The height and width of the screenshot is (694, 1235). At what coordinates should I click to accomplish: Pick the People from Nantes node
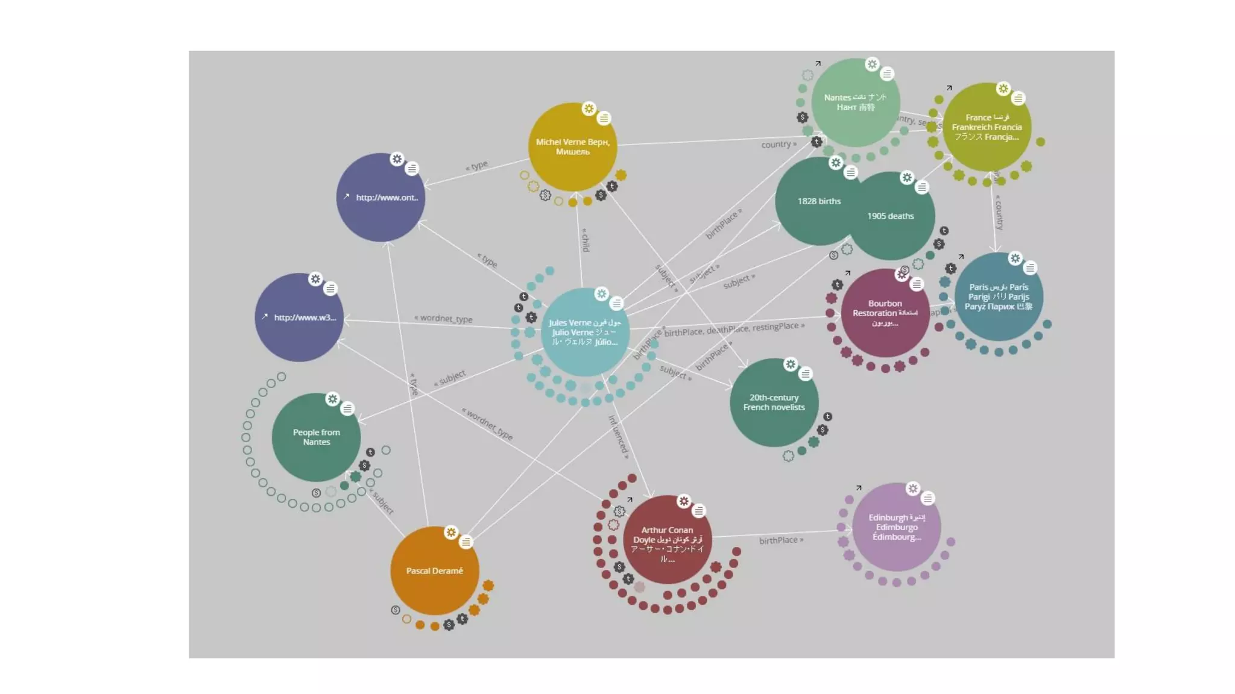pos(316,437)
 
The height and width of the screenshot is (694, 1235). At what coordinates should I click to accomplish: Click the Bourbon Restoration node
pos(885,313)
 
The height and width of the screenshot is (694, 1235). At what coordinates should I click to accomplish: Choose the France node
pos(987,127)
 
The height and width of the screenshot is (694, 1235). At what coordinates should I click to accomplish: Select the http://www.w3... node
pos(299,317)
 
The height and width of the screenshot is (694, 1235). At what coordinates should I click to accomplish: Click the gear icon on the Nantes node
pos(872,64)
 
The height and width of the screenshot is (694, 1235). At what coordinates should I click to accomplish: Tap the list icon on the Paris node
pos(1030,268)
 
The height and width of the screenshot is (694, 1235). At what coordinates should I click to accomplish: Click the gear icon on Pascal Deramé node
pos(451,533)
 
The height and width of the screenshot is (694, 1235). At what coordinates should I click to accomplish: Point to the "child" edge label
pos(586,240)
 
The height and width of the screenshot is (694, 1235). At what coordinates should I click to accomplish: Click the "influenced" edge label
pos(619,437)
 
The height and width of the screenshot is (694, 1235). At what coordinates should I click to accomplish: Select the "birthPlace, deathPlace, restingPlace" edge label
pos(734,329)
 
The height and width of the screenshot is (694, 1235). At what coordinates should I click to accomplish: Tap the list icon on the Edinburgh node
pos(928,498)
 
